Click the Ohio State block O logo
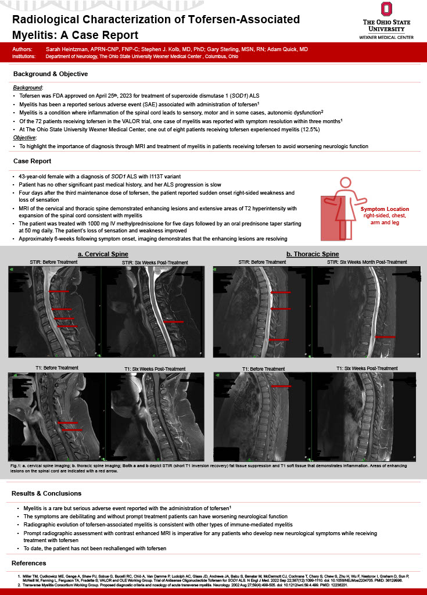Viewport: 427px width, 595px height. pos(386,9)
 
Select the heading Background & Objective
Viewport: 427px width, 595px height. pos(51,74)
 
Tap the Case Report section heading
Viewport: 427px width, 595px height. pos(32,161)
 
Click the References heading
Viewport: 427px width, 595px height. pos(28,563)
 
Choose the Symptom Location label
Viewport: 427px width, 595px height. pos(385,209)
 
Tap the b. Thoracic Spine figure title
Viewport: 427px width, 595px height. pos(313,254)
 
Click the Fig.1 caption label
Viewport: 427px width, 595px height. pos(17,466)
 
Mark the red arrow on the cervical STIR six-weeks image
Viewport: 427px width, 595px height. pos(174,321)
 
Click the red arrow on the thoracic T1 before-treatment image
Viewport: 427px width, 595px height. pos(281,386)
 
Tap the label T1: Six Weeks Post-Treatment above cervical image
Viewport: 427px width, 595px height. pos(155,369)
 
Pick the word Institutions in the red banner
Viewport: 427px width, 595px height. pos(24,56)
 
